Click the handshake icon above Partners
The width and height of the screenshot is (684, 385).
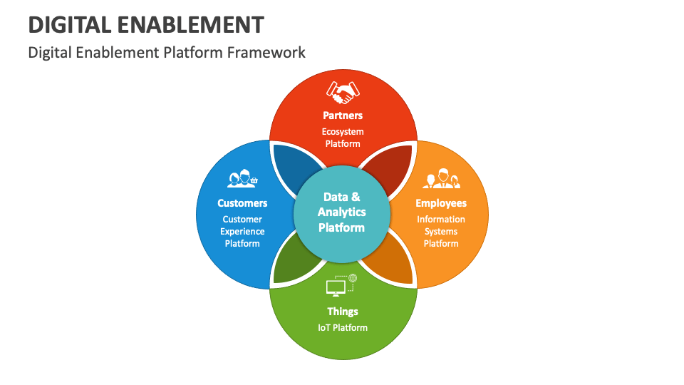(x=343, y=92)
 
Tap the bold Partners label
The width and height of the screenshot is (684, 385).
(x=343, y=115)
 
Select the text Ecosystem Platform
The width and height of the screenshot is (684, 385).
(x=343, y=138)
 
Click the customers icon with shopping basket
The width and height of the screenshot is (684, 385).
(x=242, y=178)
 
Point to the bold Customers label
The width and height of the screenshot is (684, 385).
(x=242, y=203)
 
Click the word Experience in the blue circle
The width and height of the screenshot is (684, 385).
(x=242, y=232)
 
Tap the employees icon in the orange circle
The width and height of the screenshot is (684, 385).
(x=441, y=178)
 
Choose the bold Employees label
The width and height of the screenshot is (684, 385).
(x=441, y=203)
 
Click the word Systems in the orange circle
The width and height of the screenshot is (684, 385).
(x=441, y=232)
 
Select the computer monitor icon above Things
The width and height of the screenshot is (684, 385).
(x=336, y=287)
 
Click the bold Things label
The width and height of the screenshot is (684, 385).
(x=343, y=312)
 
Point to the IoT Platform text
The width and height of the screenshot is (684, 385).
(x=343, y=328)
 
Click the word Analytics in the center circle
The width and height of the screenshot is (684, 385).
(x=342, y=212)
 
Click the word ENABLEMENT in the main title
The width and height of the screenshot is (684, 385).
(x=190, y=25)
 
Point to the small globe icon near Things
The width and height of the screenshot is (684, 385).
(x=353, y=277)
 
